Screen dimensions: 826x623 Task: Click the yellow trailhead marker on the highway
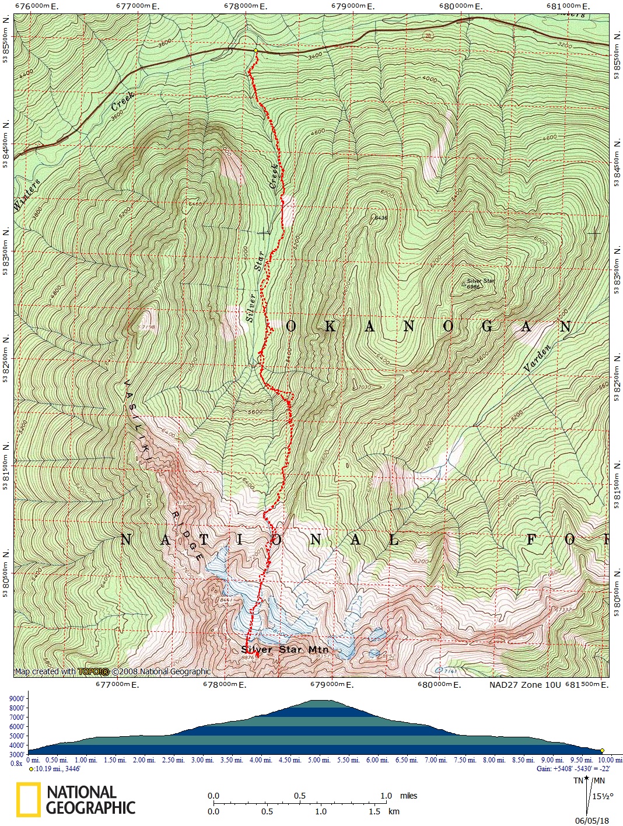pos(256,51)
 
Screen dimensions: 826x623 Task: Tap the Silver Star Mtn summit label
pos(285,649)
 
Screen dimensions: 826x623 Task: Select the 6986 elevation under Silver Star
pos(473,287)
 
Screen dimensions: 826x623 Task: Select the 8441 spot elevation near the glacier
pos(228,599)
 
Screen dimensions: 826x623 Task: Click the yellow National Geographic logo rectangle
pos(29,799)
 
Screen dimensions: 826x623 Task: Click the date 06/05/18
pos(591,820)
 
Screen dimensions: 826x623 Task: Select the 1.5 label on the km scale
pos(374,811)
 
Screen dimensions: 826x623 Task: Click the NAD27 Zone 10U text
pos(517,685)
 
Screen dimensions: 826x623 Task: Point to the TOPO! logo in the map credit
pos(93,671)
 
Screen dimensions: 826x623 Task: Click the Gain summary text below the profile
pos(573,769)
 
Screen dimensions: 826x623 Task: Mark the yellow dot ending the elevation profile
pos(602,751)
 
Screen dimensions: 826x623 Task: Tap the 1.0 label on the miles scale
pos(386,796)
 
